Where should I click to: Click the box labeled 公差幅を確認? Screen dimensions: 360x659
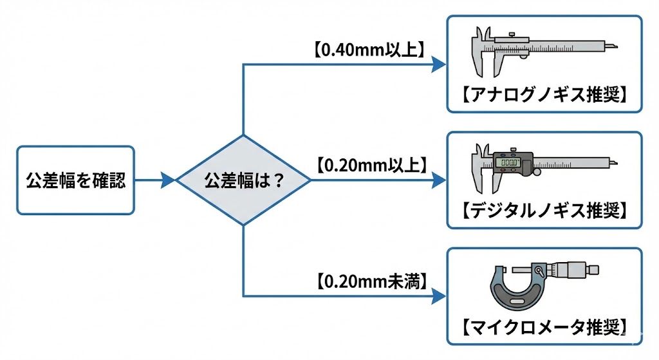tap(75, 180)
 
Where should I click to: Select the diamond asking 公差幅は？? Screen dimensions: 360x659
tap(243, 180)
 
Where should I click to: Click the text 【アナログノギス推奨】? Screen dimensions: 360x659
tap(544, 95)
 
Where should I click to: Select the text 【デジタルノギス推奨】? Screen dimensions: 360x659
tap(544, 210)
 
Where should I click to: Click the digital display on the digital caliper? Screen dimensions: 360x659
tap(510, 164)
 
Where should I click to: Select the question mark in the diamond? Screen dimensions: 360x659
tap(279, 180)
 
